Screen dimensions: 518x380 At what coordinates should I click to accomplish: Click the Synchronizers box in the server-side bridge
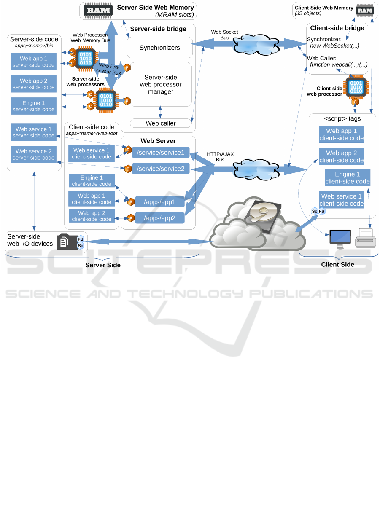coord(159,48)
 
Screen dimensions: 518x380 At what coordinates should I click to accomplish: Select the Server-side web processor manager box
coord(161,84)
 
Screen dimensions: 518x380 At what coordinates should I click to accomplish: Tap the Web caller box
coord(161,123)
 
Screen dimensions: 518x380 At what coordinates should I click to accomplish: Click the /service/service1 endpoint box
coord(161,153)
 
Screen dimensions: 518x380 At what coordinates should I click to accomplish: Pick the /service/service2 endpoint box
coord(161,169)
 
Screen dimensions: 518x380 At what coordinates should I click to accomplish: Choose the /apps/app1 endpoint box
coord(159,202)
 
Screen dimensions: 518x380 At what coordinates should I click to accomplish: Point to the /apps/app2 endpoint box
coord(159,218)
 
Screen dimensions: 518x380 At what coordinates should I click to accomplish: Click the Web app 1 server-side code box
coord(34,62)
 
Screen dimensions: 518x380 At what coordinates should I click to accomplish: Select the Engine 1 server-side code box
coord(34,106)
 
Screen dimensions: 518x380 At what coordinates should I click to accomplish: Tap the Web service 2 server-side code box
coord(34,154)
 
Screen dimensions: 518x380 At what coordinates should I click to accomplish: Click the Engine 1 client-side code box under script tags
coord(348,178)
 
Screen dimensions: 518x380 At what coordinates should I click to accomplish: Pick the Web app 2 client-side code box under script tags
coord(341,156)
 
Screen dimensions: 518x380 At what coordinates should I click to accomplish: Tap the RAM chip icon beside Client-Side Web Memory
coord(365,10)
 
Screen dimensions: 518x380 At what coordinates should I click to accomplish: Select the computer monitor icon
coord(340,239)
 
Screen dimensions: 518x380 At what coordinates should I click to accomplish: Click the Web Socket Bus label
coord(224,35)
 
